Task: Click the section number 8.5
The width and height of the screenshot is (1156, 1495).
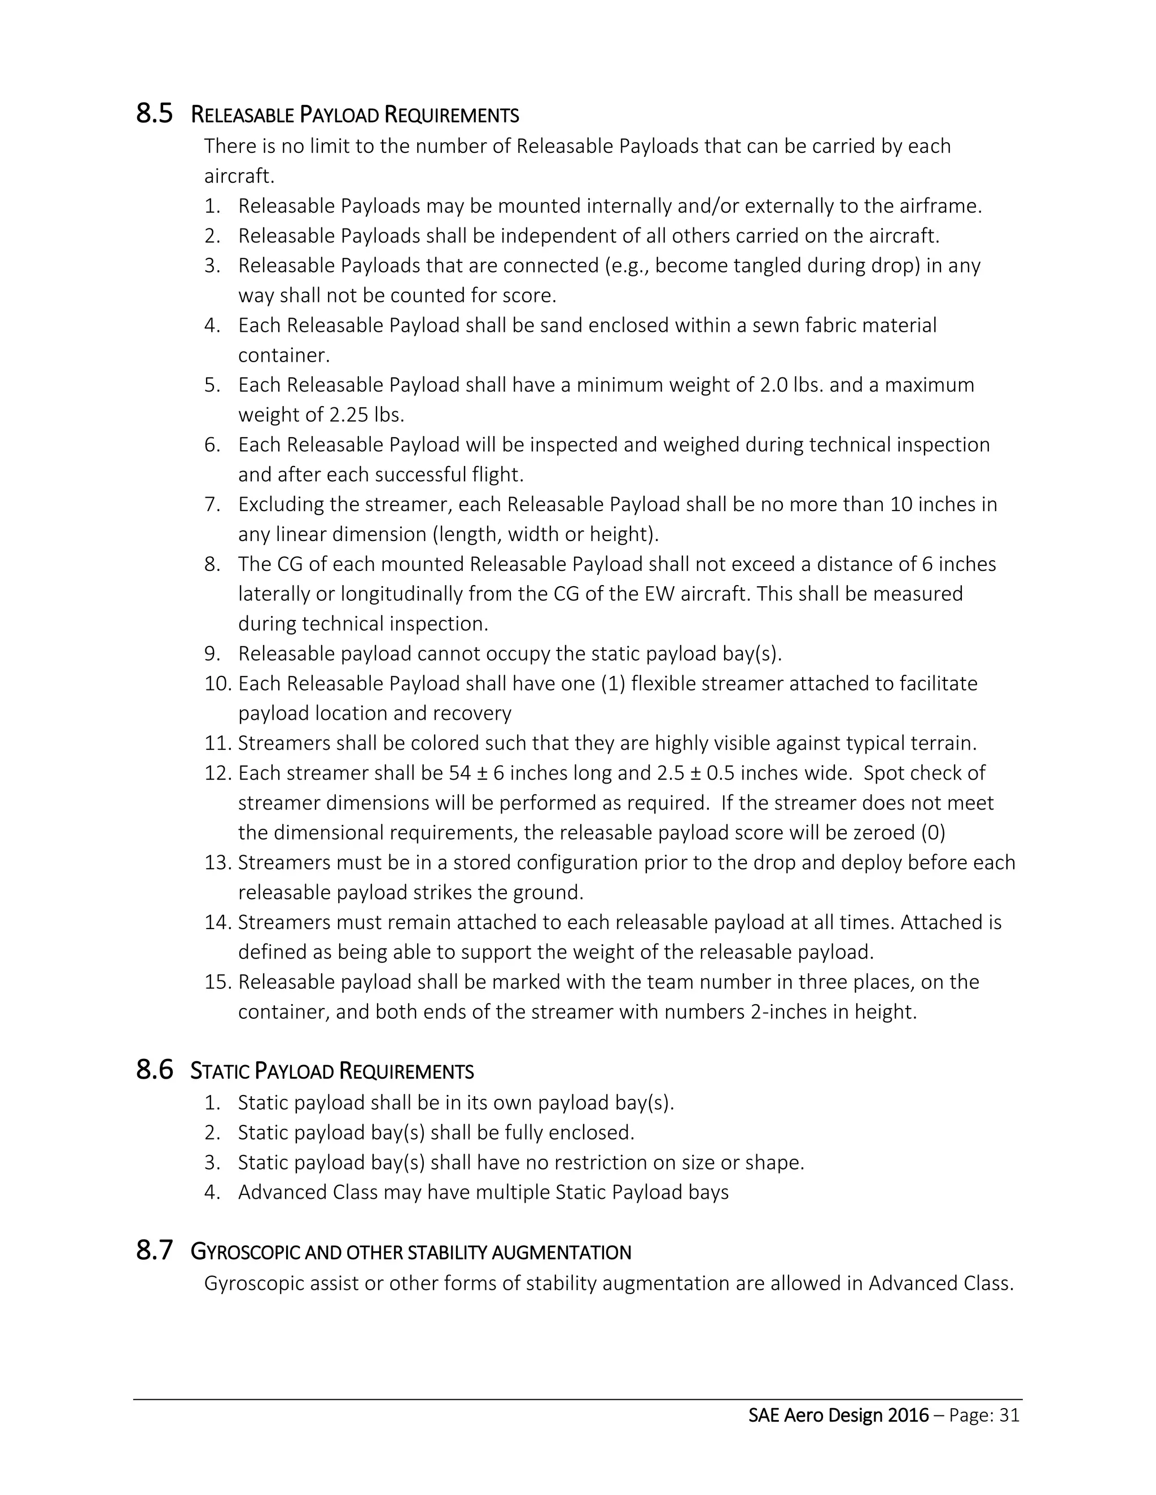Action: tap(154, 113)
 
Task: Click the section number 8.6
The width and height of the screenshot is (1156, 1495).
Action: tap(154, 1069)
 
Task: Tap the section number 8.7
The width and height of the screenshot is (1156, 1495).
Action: tap(154, 1251)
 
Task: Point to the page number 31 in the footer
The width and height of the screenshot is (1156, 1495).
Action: tap(1009, 1415)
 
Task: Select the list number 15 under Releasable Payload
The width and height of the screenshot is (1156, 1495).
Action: tap(218, 982)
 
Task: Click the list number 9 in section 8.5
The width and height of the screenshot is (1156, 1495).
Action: tap(212, 654)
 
